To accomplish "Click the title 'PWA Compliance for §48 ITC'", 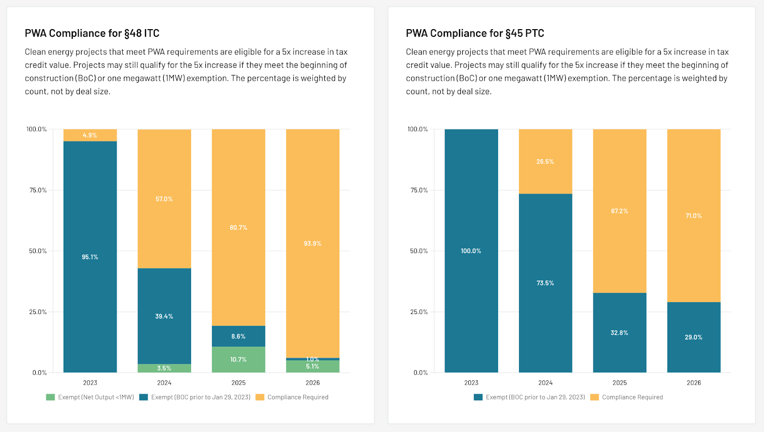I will coord(92,33).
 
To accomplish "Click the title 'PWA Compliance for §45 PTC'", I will coord(475,33).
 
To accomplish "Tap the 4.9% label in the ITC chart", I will coord(90,136).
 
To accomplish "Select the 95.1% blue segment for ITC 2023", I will coord(90,257).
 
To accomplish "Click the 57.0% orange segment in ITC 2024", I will coord(164,199).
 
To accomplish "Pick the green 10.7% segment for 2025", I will coord(238,359).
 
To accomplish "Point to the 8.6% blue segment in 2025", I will coord(238,337).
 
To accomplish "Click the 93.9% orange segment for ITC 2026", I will coord(313,243).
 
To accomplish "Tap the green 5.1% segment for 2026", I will coord(313,367).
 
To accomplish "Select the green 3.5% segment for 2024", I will coord(164,369).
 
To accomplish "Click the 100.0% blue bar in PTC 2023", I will coord(471,251).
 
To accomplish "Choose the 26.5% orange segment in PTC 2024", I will coord(545,162).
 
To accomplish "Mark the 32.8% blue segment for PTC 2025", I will coord(619,333).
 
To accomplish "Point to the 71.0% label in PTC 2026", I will coord(694,216).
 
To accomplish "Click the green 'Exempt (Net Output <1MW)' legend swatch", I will coord(51,397).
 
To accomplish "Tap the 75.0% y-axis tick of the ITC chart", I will coord(38,190).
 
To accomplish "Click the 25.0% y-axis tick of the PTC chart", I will coord(419,312).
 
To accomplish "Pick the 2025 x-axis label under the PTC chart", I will coord(620,383).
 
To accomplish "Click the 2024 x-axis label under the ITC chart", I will coord(164,383).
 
